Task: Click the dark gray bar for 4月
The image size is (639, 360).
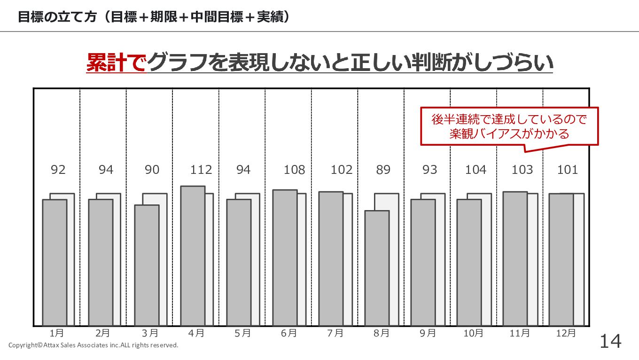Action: [x=193, y=256]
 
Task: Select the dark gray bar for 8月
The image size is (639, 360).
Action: [x=377, y=268]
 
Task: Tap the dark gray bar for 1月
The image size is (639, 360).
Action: [x=55, y=262]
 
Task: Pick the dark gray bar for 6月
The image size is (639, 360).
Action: [x=285, y=258]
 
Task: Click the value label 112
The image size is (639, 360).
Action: [x=201, y=170]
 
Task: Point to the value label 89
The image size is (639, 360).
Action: [x=383, y=170]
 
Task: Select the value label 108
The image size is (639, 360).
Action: [x=294, y=170]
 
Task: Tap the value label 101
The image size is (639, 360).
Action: [x=567, y=170]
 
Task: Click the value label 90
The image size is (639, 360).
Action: [x=152, y=170]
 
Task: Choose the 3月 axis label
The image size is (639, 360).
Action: [x=150, y=333]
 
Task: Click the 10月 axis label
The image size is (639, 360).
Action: [x=473, y=333]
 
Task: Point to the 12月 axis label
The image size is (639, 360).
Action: [x=565, y=333]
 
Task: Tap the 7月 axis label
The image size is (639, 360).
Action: [x=335, y=333]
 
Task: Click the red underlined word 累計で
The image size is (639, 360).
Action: [x=116, y=63]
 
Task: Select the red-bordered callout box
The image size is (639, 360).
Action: [x=509, y=126]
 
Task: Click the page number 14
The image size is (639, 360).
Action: [x=610, y=342]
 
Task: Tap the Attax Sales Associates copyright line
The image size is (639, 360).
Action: [x=93, y=345]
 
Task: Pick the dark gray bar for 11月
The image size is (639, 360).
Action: [x=515, y=258]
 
